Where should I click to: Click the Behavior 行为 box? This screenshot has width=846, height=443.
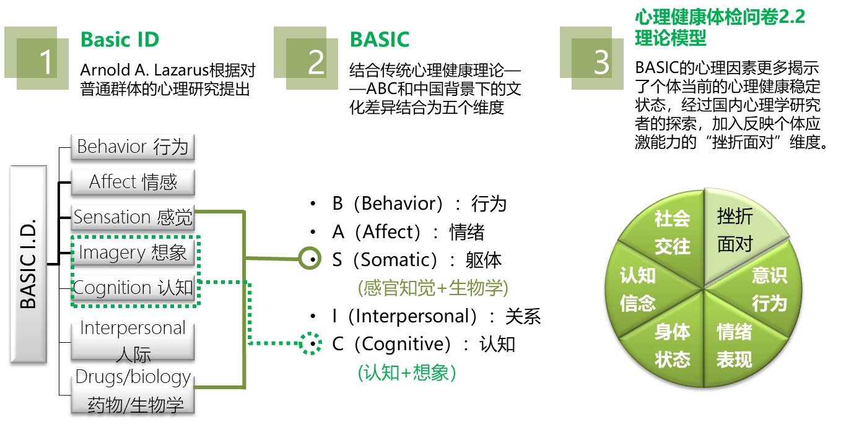pyautogui.click(x=133, y=147)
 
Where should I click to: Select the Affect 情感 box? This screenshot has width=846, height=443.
pyautogui.click(x=133, y=183)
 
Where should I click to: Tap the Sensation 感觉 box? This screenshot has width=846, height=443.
pyautogui.click(x=133, y=217)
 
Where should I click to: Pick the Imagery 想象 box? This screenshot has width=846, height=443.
pyautogui.click(x=133, y=252)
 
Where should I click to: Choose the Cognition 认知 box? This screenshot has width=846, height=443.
pyautogui.click(x=133, y=288)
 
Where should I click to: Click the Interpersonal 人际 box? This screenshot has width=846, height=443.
pyautogui.click(x=133, y=341)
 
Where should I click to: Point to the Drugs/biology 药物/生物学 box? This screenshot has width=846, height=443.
pyautogui.click(x=133, y=394)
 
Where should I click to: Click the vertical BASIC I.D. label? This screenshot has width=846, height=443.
pyautogui.click(x=28, y=264)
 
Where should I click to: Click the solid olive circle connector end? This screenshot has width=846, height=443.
pyautogui.click(x=310, y=257)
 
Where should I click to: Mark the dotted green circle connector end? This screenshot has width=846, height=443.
pyautogui.click(x=310, y=343)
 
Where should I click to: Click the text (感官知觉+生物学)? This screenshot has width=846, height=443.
pyautogui.click(x=433, y=288)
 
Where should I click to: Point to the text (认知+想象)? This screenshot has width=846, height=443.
pyautogui.click(x=407, y=373)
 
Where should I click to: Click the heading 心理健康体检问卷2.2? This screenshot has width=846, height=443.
pyautogui.click(x=720, y=17)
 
